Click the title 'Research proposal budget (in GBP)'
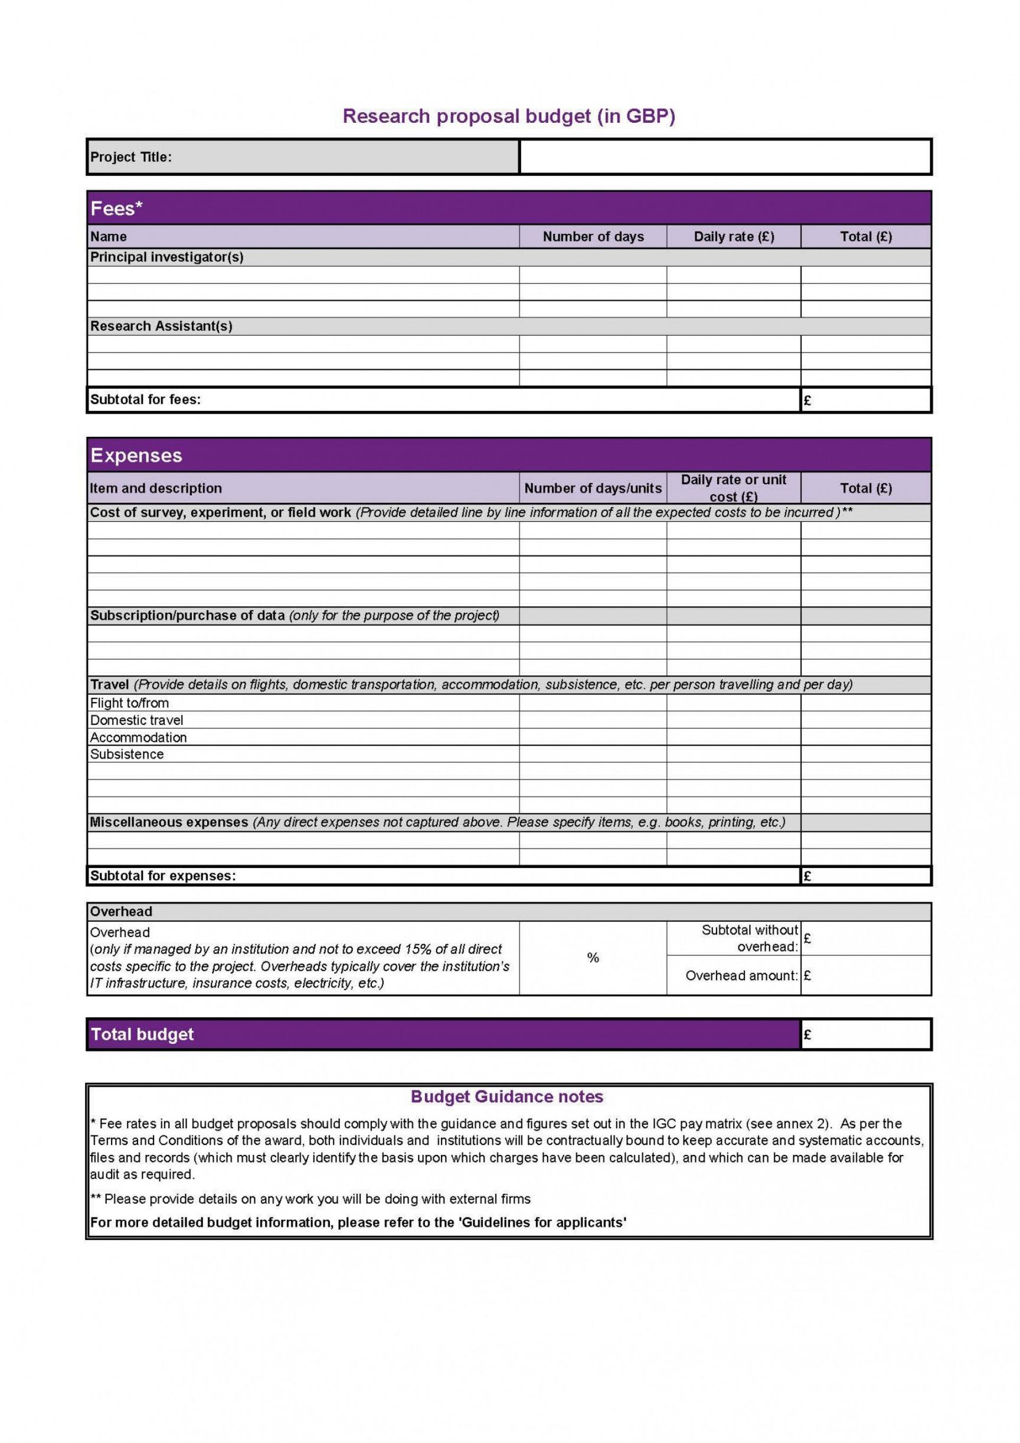(508, 116)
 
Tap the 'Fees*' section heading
(117, 208)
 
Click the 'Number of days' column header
(593, 237)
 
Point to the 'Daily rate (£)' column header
(733, 237)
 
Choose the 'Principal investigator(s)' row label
(166, 257)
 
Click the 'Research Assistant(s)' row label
(161, 326)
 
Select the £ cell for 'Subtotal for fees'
(865, 400)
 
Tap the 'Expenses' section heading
(136, 455)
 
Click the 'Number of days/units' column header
(593, 488)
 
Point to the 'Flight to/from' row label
(129, 703)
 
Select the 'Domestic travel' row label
(136, 720)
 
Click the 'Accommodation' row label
(138, 737)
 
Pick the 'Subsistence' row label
(127, 754)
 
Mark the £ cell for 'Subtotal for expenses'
(865, 876)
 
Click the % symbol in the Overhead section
(593, 958)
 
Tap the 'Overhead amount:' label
(741, 975)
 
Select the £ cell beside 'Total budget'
(865, 1034)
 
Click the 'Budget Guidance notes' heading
(506, 1096)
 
